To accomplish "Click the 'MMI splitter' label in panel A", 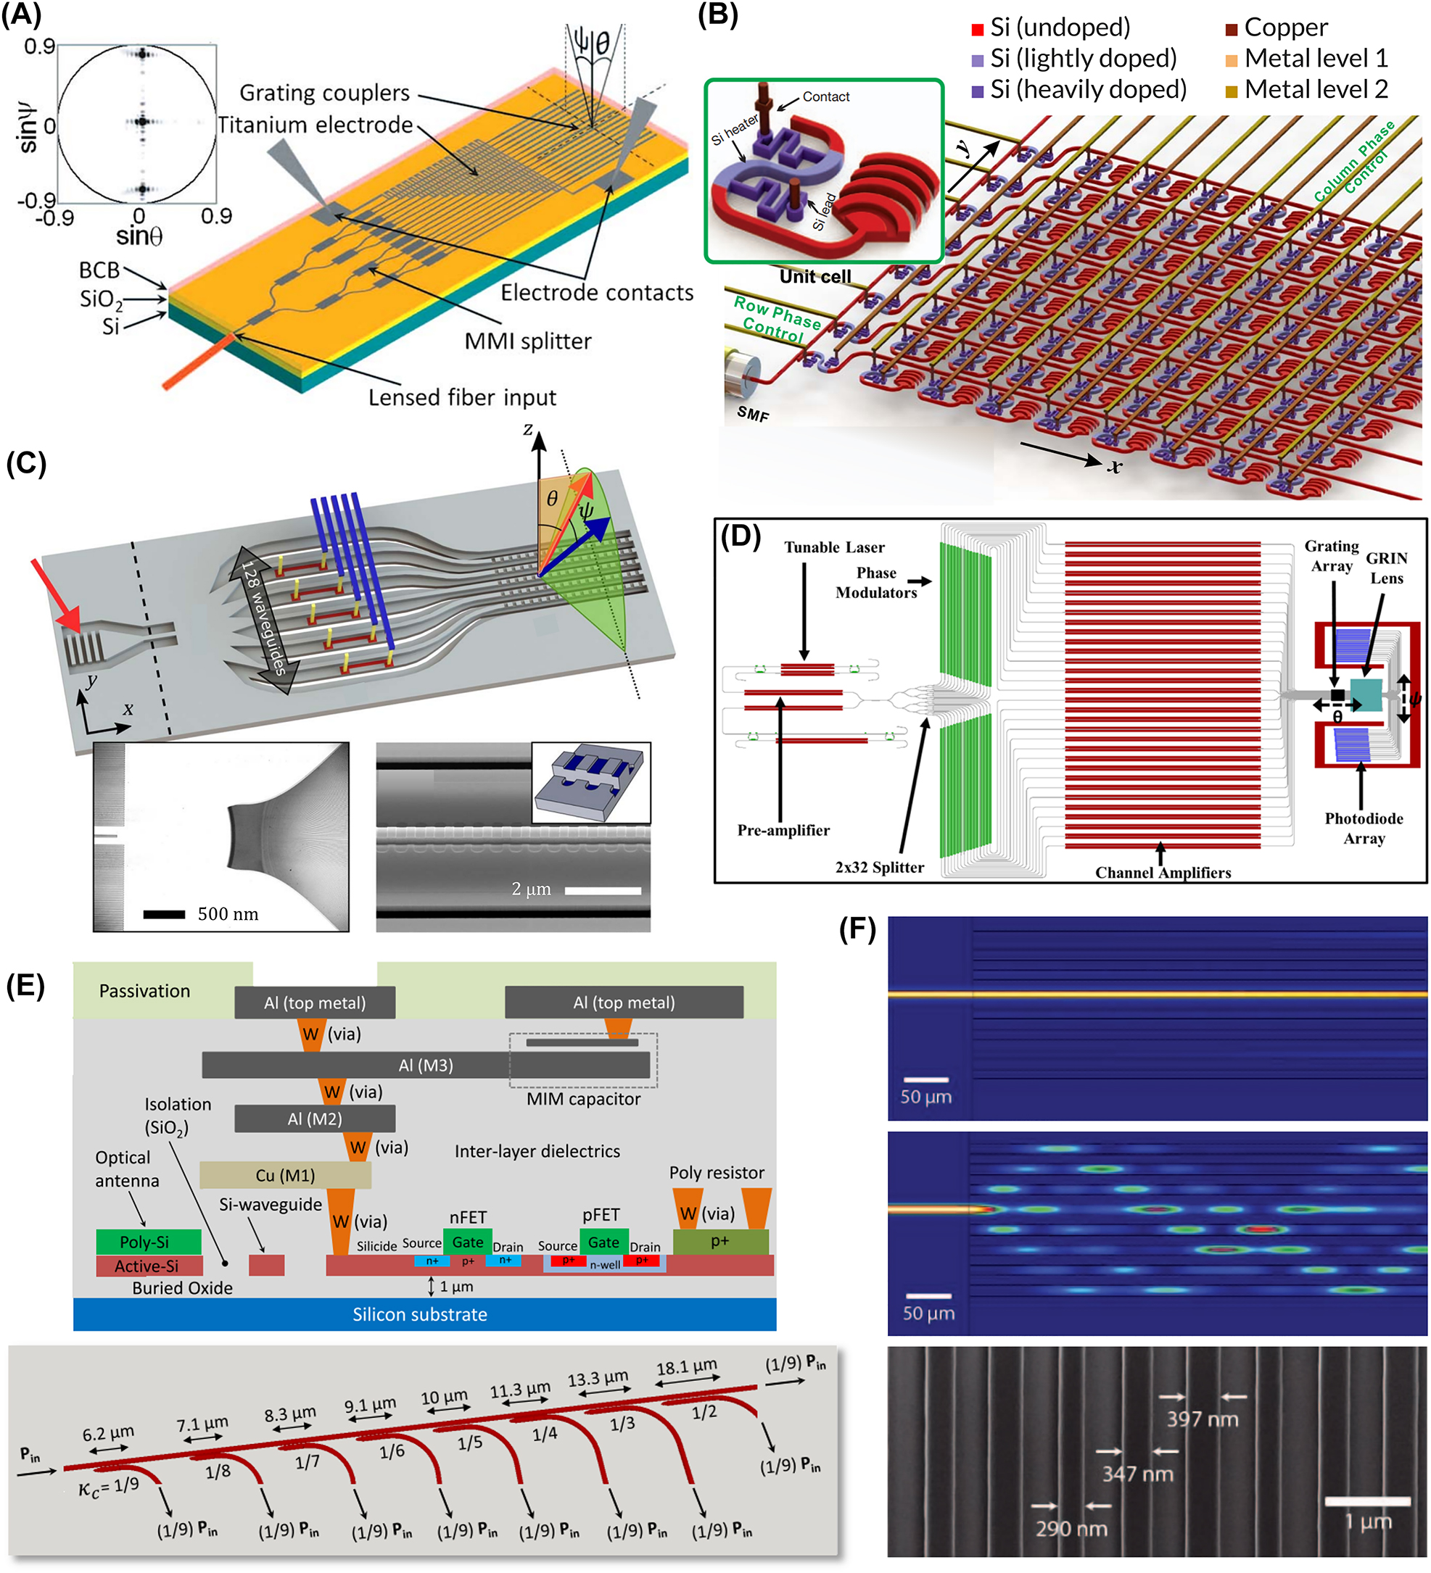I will pyautogui.click(x=528, y=341).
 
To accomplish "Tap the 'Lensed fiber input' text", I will pyautogui.click(x=462, y=397).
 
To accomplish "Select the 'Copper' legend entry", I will pyautogui.click(x=1285, y=28).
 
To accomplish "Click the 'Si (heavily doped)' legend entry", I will pyautogui.click(x=1087, y=90).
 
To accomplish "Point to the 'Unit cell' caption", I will pyautogui.click(x=815, y=276).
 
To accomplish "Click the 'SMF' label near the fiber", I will pyautogui.click(x=753, y=413).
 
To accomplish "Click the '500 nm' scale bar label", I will pyautogui.click(x=227, y=913).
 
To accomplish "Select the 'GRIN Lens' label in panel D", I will pyautogui.click(x=1387, y=568).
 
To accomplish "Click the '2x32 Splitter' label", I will pyautogui.click(x=879, y=867).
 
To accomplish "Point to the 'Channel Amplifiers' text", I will pyautogui.click(x=1163, y=872).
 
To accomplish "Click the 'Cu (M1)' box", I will pyautogui.click(x=285, y=1175).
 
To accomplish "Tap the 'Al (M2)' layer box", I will pyautogui.click(x=315, y=1119).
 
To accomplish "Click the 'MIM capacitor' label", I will pyautogui.click(x=583, y=1099).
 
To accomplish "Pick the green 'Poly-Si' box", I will pyautogui.click(x=149, y=1242).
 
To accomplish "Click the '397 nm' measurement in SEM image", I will pyautogui.click(x=1203, y=1419).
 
